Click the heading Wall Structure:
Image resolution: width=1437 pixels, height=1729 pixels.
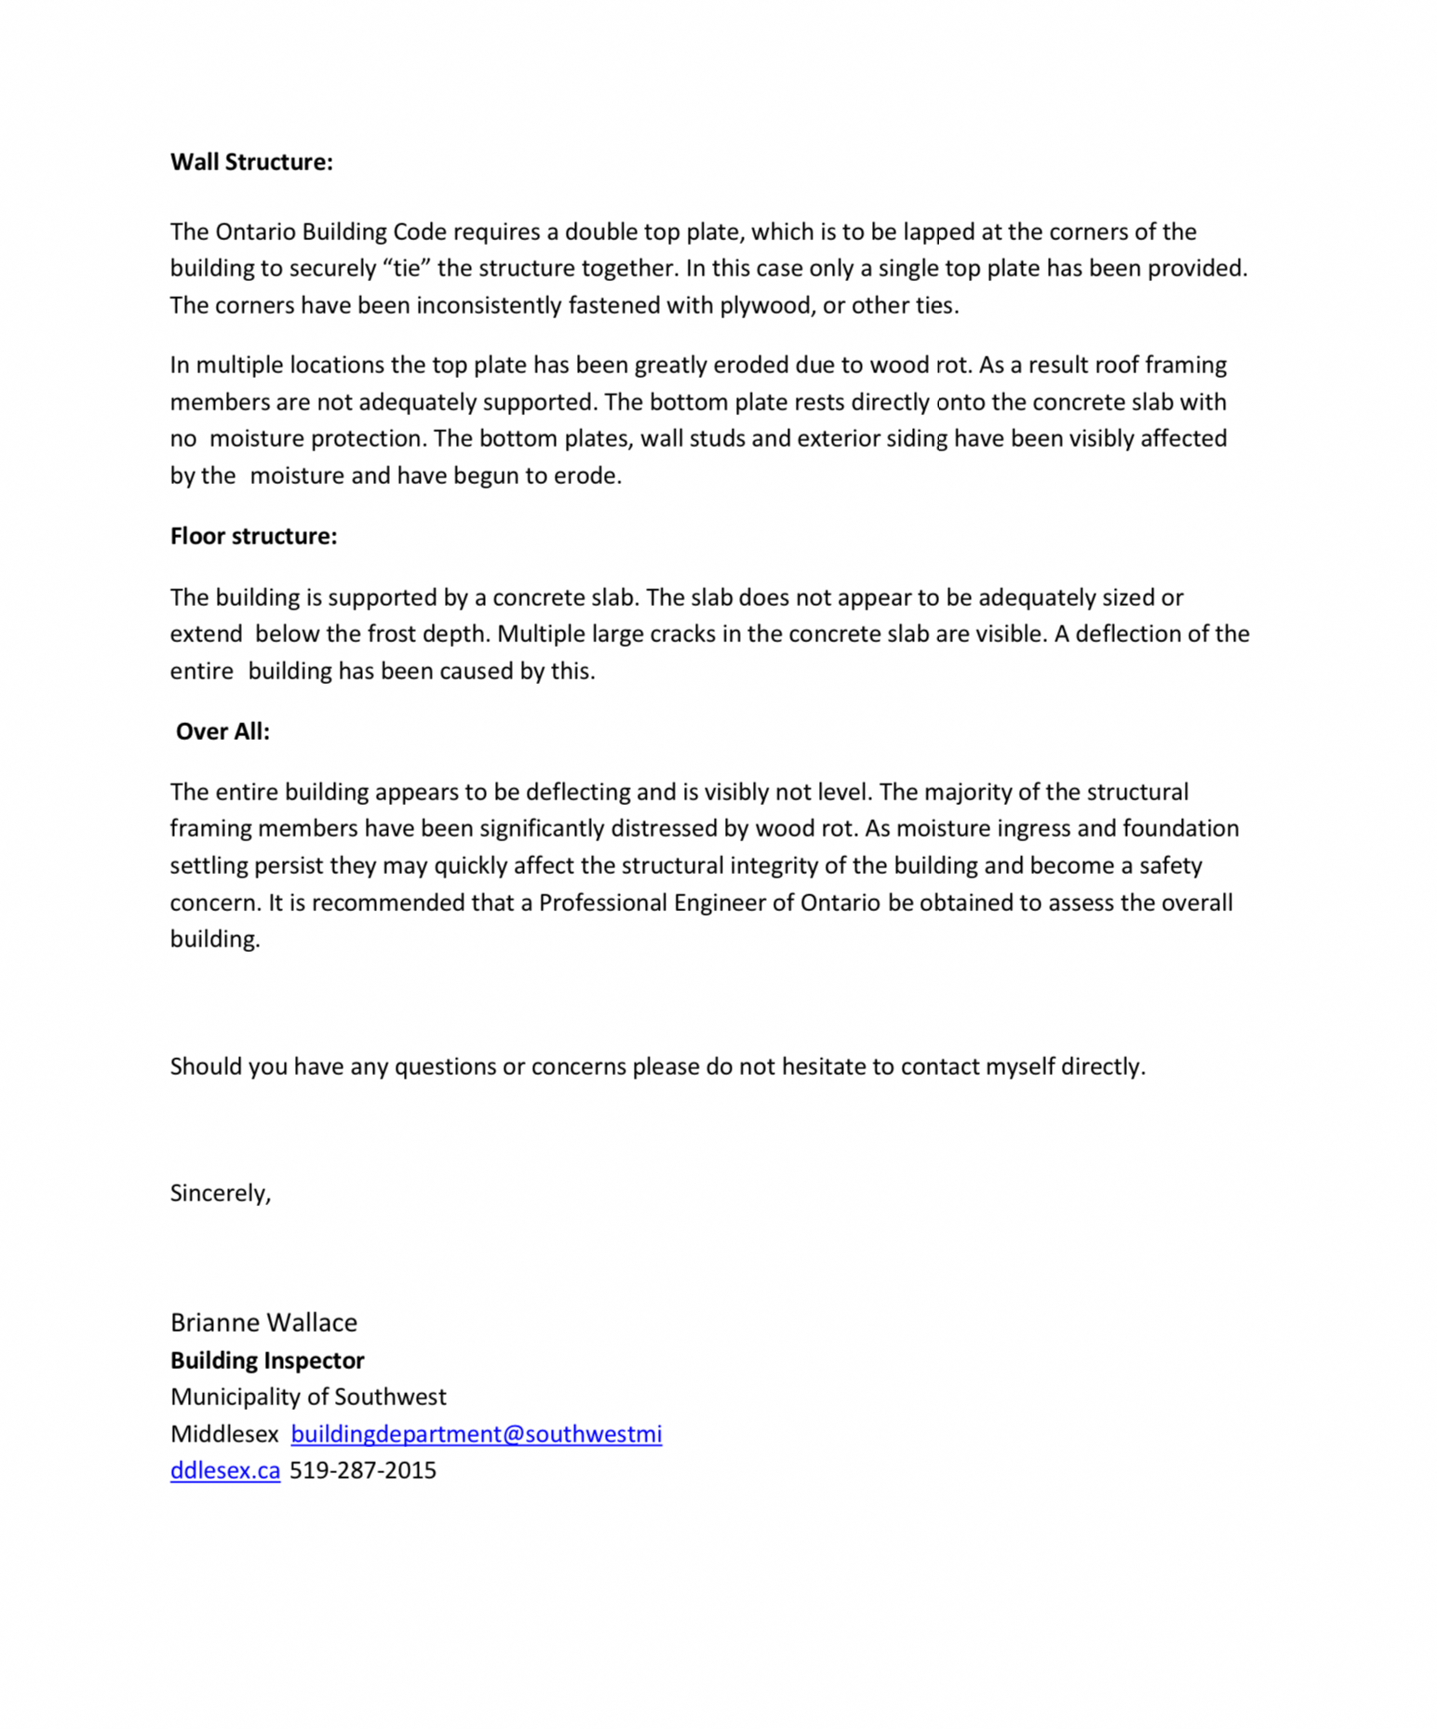click(251, 162)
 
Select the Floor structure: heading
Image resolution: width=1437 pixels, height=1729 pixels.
click(253, 536)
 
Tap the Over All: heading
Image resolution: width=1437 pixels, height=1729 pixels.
click(222, 731)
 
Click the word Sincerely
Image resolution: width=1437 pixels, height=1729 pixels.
click(220, 1193)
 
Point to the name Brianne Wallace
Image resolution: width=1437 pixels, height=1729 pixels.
click(263, 1322)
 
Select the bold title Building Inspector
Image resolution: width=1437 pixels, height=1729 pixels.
click(267, 1360)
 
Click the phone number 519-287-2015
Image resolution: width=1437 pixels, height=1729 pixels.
click(363, 1470)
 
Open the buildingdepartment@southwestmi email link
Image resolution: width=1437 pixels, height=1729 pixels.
click(477, 1434)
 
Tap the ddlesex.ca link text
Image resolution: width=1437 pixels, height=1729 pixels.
click(225, 1470)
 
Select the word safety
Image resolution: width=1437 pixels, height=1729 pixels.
click(1171, 865)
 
